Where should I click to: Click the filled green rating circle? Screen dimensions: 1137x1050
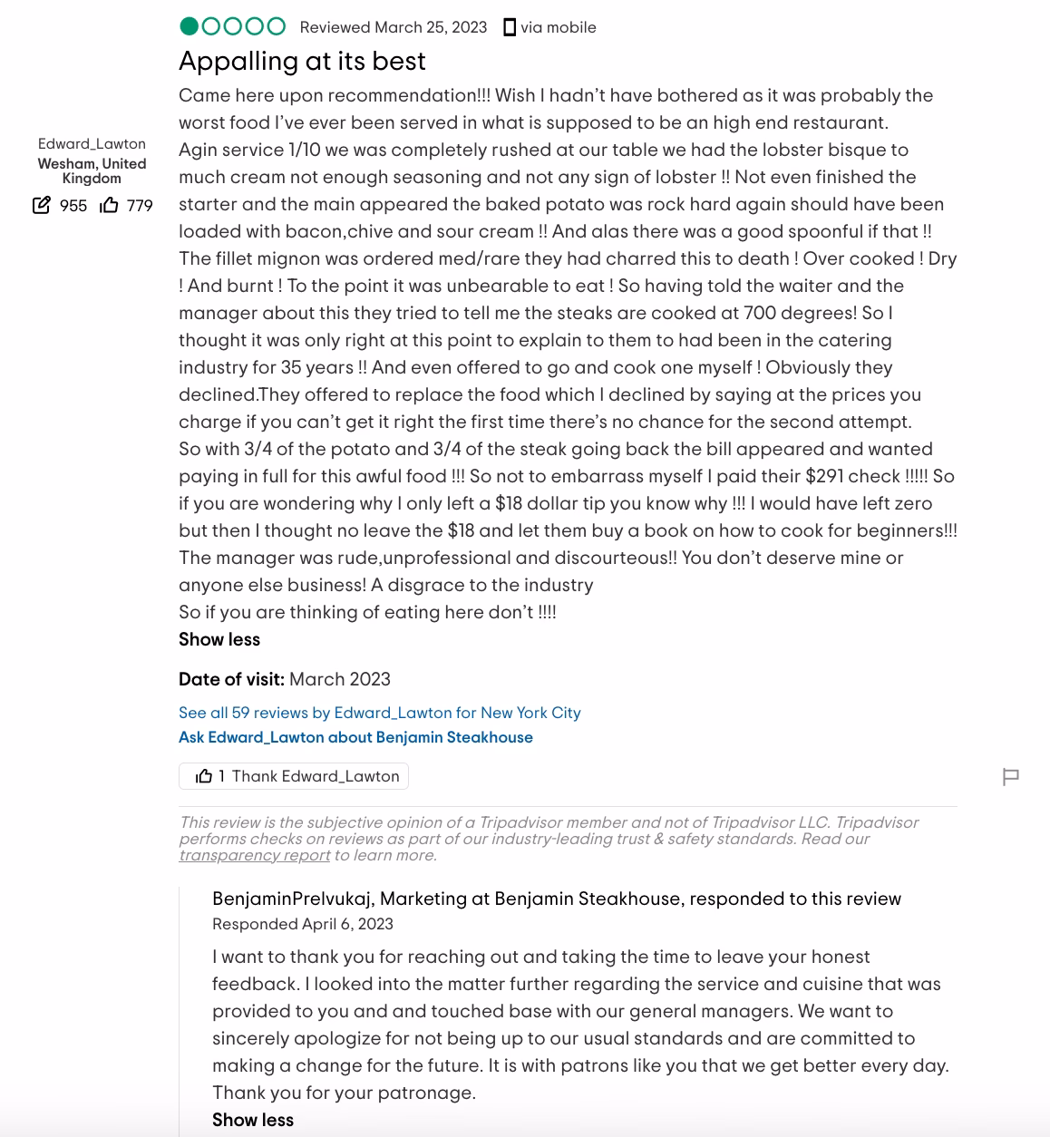(x=190, y=26)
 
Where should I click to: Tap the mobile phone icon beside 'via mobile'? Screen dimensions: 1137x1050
(x=510, y=27)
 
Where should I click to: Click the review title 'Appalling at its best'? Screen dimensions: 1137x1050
(x=302, y=61)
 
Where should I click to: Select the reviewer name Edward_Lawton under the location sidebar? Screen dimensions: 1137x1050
(x=92, y=143)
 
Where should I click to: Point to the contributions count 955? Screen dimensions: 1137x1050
(x=73, y=206)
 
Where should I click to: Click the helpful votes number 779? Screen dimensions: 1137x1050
(x=140, y=206)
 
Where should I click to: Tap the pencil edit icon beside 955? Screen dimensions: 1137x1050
(x=42, y=205)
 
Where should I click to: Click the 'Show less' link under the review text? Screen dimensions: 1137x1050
(x=219, y=639)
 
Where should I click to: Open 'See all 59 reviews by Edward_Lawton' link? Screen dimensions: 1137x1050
(x=379, y=713)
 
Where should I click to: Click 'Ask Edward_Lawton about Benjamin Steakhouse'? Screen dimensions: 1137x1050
(x=355, y=737)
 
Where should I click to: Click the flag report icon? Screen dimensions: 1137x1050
(x=1011, y=777)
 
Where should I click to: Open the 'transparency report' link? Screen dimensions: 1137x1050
(x=255, y=855)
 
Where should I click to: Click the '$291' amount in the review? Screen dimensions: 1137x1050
(x=824, y=476)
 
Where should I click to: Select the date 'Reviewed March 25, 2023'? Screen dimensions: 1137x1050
(x=394, y=27)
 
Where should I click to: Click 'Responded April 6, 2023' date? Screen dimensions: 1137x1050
(x=303, y=924)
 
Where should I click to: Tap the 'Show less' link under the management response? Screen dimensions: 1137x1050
(x=253, y=1120)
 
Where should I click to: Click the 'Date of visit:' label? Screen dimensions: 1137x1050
(x=231, y=679)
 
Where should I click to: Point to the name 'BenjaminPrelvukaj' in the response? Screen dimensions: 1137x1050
(x=292, y=899)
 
